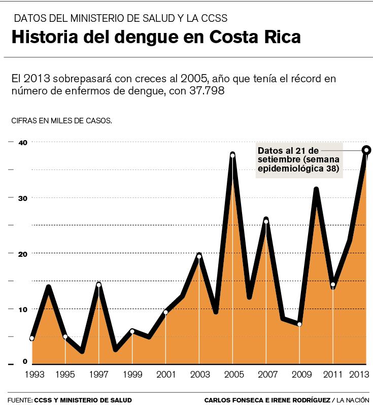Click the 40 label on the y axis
pos(22,143)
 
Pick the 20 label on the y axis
pos(22,254)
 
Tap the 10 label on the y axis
pos(22,309)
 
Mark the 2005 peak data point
pos(232,155)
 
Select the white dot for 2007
pos(266,221)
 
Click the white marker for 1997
pos(99,285)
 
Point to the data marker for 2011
pos(333,285)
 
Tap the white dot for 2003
pos(199,256)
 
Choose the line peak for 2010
pos(316,190)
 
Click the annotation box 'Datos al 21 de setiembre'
pos(299,160)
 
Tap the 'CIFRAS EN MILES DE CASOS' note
pos(61,121)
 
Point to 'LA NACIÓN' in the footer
pos(352,400)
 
